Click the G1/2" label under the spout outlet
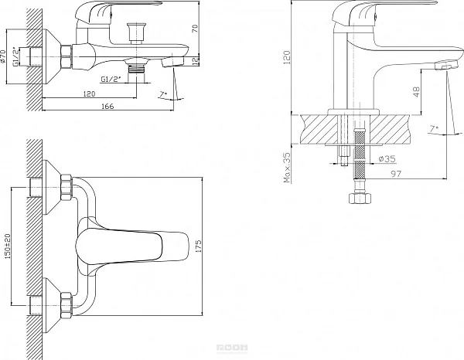point(110,78)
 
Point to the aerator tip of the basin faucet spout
point(443,66)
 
